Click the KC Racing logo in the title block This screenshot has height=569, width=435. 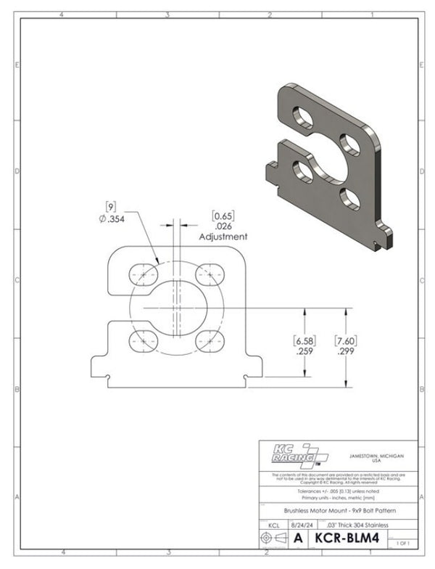pos(294,454)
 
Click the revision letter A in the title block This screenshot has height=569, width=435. pos(298,540)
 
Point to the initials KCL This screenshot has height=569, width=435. pos(273,525)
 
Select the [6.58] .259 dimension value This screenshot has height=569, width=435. pos(303,345)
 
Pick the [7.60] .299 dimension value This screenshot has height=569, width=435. pos(345,345)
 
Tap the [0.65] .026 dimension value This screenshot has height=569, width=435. pos(223,221)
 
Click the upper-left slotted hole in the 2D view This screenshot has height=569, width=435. pos(144,275)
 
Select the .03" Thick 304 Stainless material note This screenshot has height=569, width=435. pos(347,525)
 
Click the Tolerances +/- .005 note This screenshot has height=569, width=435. pos(337,491)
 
